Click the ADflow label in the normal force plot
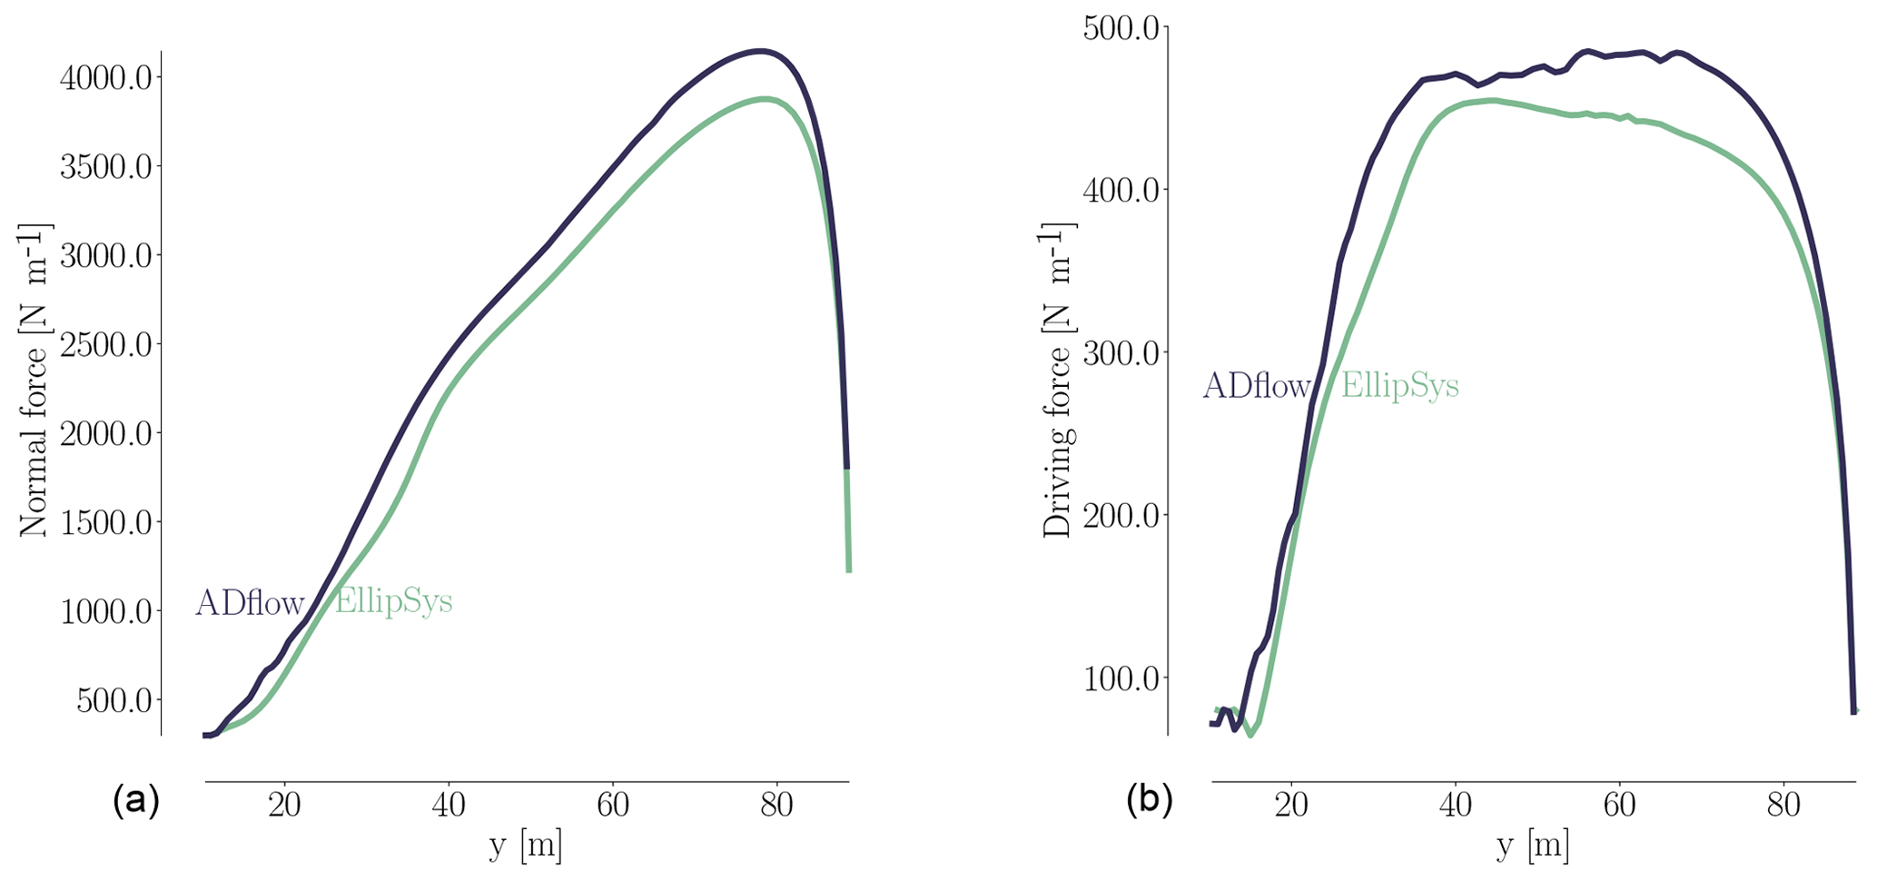coord(250,603)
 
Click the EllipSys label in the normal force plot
coord(393,601)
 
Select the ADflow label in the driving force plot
coord(1256,386)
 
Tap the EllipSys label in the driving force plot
coord(1399,386)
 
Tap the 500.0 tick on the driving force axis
coord(1121,28)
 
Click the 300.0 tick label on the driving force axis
coord(1121,353)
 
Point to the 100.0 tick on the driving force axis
coord(1121,678)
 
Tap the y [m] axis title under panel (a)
coord(526,846)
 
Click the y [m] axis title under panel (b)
coord(1532,846)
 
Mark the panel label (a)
coord(136,801)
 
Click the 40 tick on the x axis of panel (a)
coord(449,806)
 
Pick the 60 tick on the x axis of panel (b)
coord(1619,806)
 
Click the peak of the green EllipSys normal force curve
coord(766,99)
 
